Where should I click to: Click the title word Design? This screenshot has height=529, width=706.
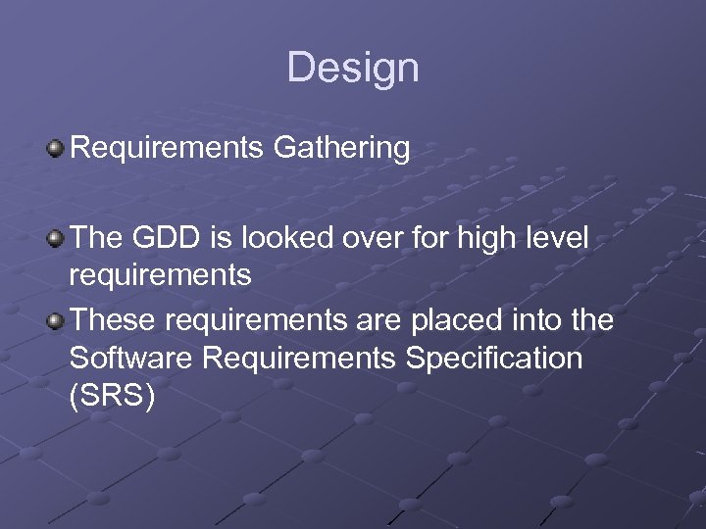pyautogui.click(x=353, y=68)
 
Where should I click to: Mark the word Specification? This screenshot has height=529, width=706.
pyautogui.click(x=490, y=359)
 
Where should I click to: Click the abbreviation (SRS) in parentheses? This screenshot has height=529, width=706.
pyautogui.click(x=112, y=397)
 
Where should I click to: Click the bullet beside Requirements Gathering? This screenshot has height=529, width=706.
pyautogui.click(x=56, y=149)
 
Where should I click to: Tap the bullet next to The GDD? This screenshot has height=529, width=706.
pyautogui.click(x=56, y=237)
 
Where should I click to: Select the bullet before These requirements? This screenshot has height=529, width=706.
pyautogui.click(x=56, y=319)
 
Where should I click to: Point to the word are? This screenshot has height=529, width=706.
pyautogui.click(x=363, y=320)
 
